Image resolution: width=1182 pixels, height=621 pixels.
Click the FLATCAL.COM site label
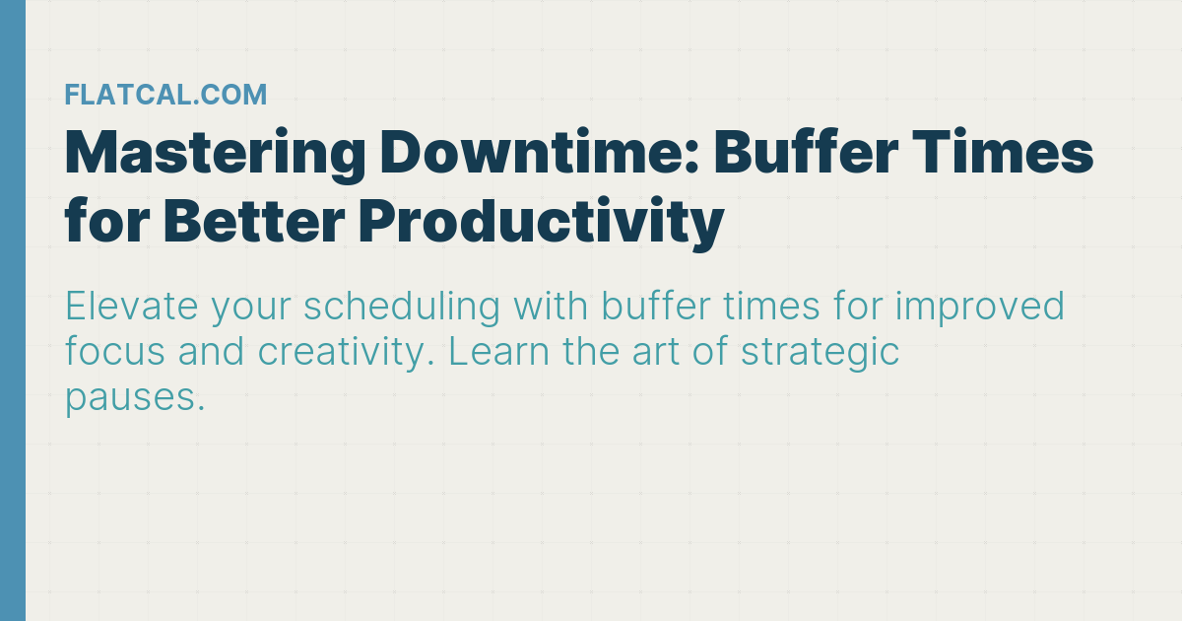[165, 95]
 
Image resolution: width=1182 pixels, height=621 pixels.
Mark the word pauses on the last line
[134, 399]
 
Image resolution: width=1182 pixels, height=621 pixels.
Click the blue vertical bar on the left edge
[12, 310]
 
